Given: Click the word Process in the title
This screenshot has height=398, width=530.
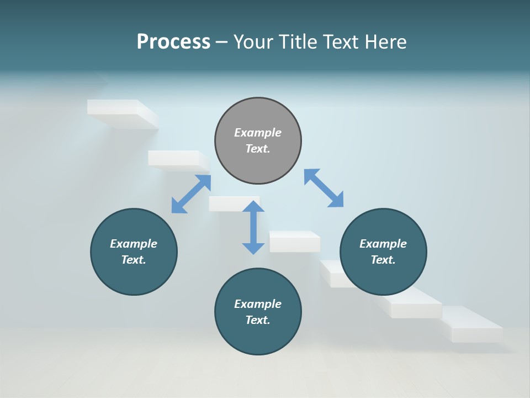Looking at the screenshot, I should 173,41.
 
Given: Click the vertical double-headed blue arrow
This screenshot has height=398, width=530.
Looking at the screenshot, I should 253,227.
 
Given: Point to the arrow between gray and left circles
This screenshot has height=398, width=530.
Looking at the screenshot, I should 191,194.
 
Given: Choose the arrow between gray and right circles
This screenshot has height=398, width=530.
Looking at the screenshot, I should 324,188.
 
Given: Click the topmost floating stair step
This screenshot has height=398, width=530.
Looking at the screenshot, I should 121,113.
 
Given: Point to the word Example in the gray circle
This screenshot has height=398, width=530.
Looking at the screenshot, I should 258,133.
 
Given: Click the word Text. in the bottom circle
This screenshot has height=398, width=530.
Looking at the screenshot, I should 258,320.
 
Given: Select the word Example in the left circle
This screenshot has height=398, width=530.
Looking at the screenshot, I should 134,244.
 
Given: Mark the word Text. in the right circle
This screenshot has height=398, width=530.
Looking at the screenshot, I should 383,260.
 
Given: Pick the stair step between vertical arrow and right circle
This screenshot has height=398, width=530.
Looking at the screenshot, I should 295,242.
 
